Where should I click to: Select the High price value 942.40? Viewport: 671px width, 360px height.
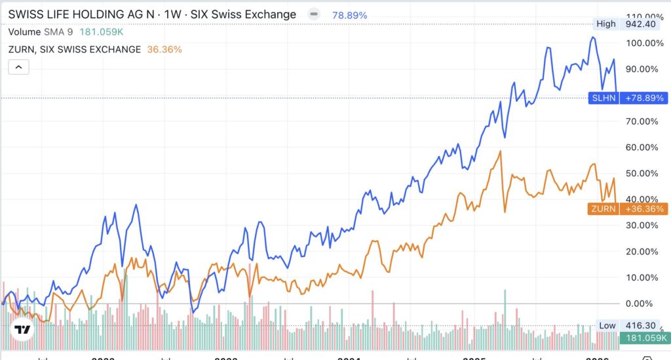641,24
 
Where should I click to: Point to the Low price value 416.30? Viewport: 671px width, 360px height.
641,325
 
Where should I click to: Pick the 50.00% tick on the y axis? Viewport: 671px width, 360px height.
642,173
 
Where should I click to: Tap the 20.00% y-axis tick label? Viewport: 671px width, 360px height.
642,251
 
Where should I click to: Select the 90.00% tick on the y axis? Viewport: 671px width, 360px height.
642,69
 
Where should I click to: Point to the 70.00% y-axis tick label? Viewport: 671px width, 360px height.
642,121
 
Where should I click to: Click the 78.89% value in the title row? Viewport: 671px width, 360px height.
350,14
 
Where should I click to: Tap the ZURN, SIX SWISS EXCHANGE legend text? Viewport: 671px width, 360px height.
74,49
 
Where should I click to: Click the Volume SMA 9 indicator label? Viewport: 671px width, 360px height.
41,31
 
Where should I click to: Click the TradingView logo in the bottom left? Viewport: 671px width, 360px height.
23,329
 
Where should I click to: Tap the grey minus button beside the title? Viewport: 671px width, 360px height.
315,14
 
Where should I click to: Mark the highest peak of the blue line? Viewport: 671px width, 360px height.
592,37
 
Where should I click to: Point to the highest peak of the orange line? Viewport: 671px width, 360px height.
501,151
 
